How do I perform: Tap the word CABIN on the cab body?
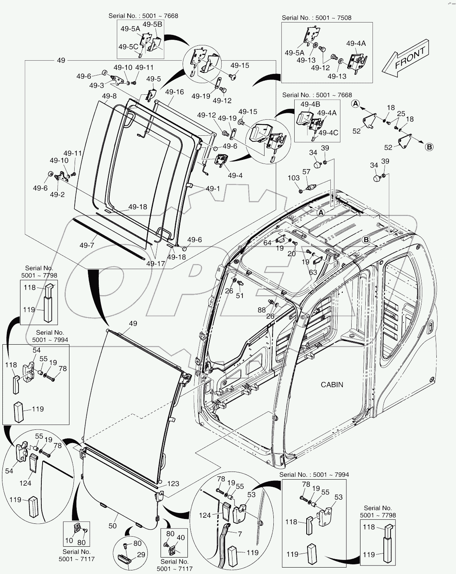pos(332,384)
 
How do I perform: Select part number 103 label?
pos(294,178)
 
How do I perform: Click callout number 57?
pos(306,172)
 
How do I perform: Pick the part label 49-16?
pos(174,92)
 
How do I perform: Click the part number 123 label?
pos(173,484)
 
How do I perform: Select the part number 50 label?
pos(113,525)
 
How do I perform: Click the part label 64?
pos(268,243)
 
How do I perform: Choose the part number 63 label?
pos(313,272)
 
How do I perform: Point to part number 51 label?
pos(240,296)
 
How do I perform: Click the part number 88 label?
pos(262,310)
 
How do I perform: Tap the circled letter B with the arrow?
pos(429,147)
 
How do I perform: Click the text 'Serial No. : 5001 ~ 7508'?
pos(316,18)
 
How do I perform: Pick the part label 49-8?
pos(109,96)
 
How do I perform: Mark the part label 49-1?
pos(213,188)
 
